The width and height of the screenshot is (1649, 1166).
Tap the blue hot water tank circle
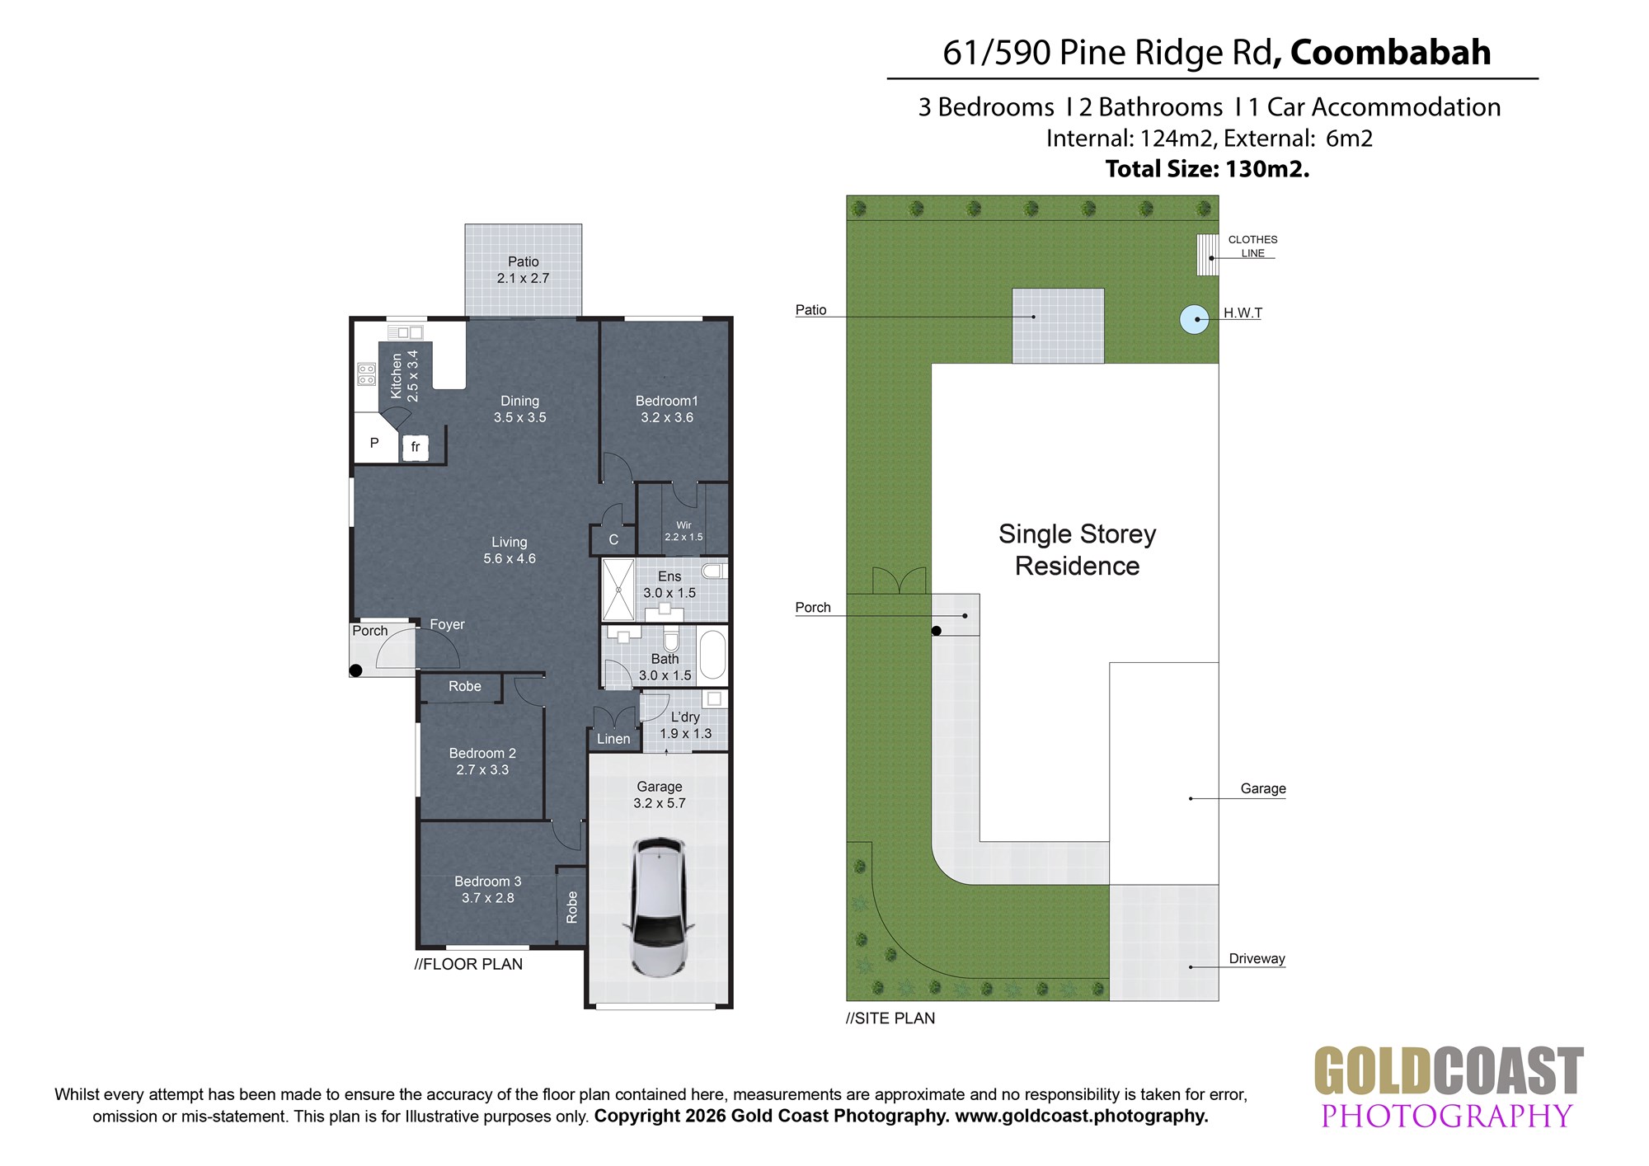tap(1195, 319)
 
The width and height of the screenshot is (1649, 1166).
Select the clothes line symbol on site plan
tap(1208, 255)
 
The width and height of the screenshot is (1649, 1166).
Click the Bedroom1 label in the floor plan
tap(667, 401)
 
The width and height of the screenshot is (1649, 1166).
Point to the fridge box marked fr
tap(416, 447)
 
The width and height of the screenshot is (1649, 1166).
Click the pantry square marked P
tap(375, 443)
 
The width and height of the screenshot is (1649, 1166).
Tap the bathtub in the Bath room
tap(712, 655)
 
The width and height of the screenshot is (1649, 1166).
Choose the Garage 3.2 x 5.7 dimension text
tap(660, 795)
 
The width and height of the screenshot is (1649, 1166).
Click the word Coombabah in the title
tap(1390, 52)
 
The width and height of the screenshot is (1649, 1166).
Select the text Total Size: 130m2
tap(1208, 169)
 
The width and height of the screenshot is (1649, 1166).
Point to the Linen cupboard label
tap(613, 739)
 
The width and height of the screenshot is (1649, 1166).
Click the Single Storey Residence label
tap(1078, 550)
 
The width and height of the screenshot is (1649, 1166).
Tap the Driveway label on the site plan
tap(1257, 958)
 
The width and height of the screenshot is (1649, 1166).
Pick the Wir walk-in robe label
tap(684, 525)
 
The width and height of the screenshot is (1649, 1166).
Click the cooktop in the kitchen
tap(367, 374)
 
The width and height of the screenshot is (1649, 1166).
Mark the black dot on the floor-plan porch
tap(356, 670)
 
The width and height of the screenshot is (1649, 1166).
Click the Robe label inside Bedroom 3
tap(572, 907)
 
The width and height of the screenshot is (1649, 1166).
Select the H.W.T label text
tap(1243, 313)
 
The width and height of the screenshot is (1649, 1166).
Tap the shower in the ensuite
tap(618, 590)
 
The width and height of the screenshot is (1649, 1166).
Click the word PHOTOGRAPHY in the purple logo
tap(1448, 1116)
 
